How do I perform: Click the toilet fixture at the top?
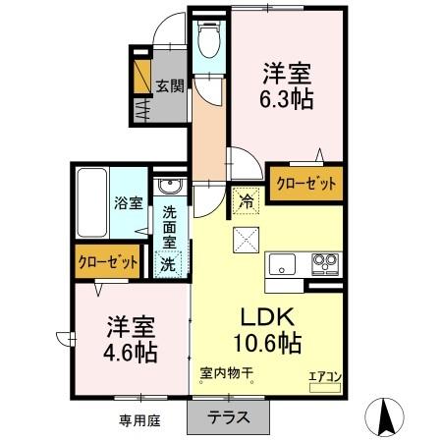click(x=207, y=41)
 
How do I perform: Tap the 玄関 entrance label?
click(x=169, y=85)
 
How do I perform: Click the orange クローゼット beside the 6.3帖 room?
click(x=306, y=184)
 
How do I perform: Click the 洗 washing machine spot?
click(x=169, y=263)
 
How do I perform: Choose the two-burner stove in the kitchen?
click(x=324, y=263)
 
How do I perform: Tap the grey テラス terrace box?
click(x=228, y=415)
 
